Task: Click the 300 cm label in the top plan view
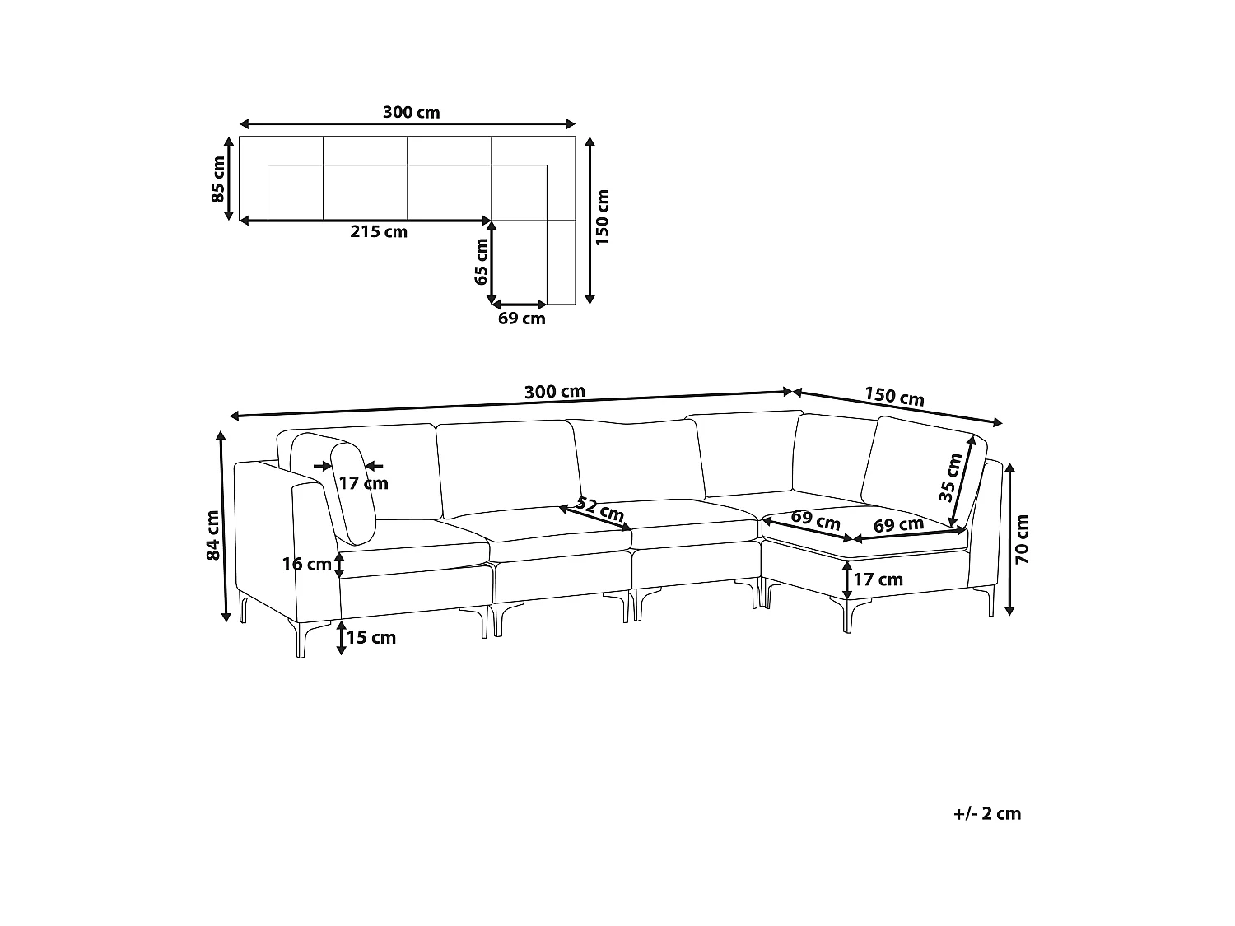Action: (411, 112)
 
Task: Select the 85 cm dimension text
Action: (218, 179)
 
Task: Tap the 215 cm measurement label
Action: (379, 232)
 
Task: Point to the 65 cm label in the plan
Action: (482, 262)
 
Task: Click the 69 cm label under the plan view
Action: (521, 319)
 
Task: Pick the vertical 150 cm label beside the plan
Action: (603, 218)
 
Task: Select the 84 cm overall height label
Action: (213, 535)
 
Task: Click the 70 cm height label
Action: (1023, 540)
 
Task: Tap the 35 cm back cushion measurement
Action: (951, 478)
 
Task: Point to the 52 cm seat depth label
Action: (599, 510)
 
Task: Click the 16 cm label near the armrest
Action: (306, 564)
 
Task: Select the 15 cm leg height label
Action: (371, 638)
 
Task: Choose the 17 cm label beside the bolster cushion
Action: (363, 483)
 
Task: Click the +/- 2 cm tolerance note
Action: (987, 813)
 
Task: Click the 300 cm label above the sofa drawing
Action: (554, 392)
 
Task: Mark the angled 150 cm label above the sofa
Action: (894, 397)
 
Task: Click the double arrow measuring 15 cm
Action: (341, 638)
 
